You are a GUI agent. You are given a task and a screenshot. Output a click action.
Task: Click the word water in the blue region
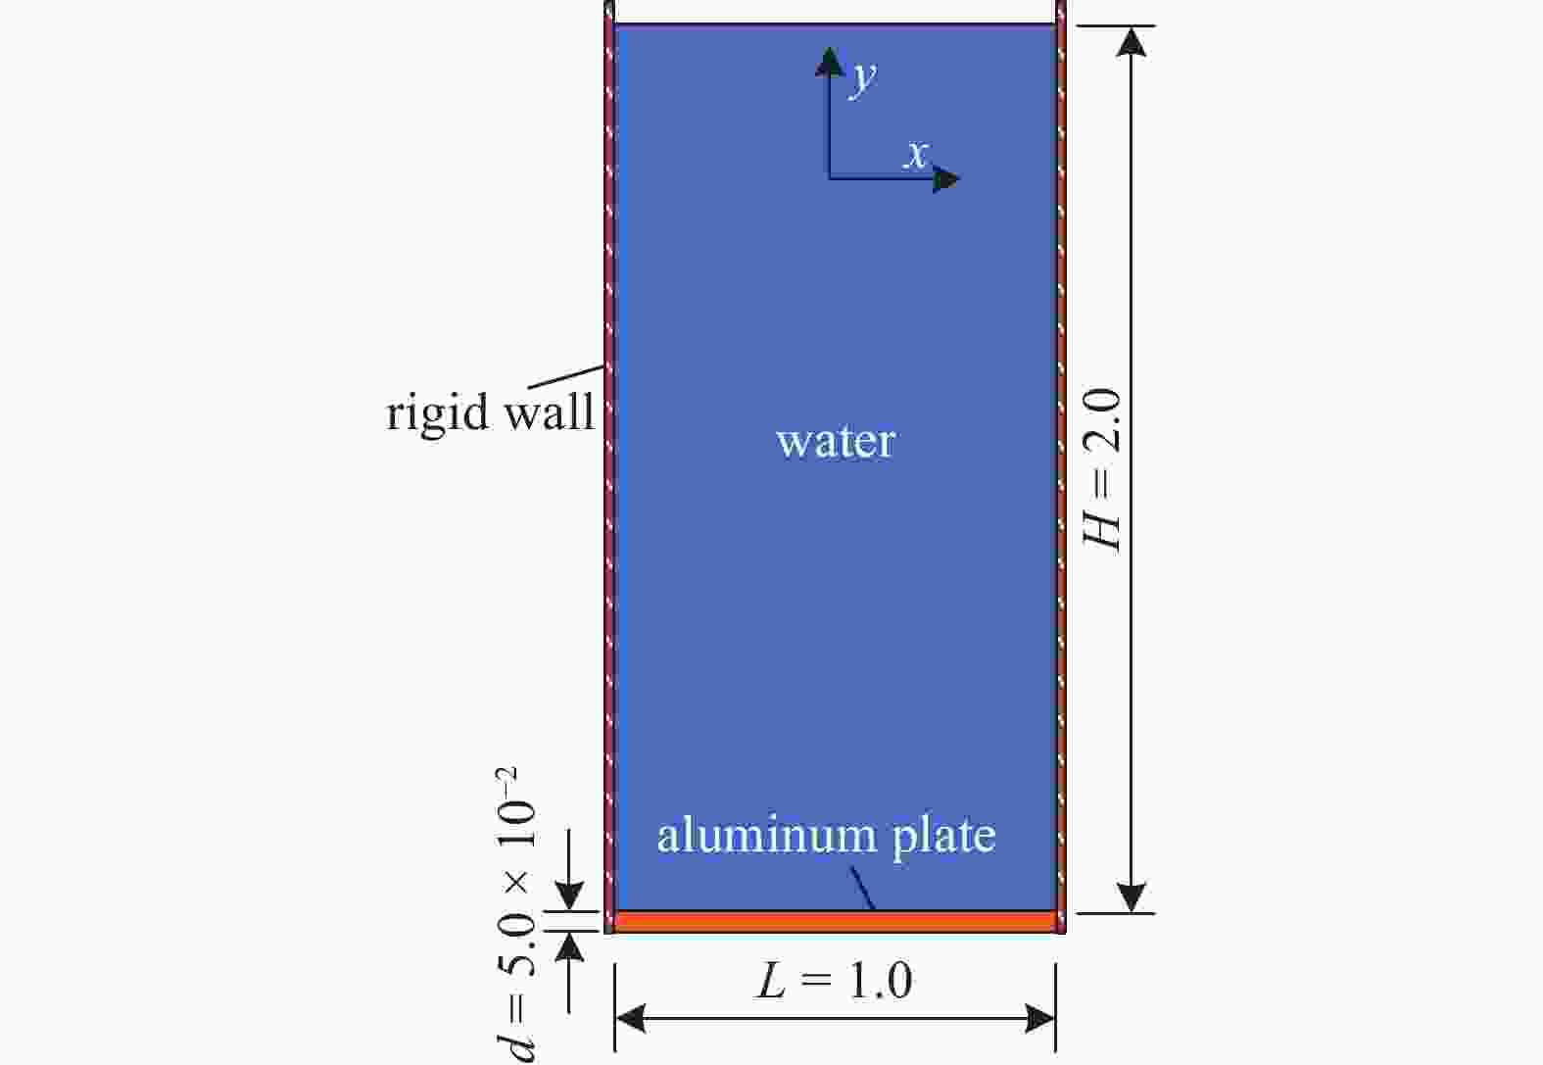(836, 442)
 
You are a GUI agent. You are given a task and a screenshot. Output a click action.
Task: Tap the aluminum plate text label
(827, 837)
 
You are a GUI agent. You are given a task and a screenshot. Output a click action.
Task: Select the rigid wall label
(490, 412)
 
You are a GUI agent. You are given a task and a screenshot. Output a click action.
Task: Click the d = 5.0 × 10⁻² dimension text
(516, 915)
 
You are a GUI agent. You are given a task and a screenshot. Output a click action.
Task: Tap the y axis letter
(864, 77)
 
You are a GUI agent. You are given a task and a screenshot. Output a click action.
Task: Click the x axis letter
(916, 154)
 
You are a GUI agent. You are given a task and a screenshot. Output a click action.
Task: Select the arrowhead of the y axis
(830, 61)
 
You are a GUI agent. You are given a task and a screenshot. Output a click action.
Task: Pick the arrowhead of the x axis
(945, 180)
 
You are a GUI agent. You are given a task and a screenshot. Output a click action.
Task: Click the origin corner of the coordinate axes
(830, 178)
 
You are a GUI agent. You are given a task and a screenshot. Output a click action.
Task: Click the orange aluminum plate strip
(835, 922)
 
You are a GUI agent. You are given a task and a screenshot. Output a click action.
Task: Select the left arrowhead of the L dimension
(630, 1019)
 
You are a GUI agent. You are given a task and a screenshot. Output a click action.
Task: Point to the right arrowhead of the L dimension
(1040, 1019)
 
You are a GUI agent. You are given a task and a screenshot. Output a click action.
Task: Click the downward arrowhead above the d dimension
(569, 896)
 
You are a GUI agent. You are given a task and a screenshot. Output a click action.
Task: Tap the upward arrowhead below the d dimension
(569, 946)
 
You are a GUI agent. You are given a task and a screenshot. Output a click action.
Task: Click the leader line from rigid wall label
(565, 377)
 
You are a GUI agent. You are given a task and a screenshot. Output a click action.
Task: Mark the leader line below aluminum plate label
(862, 889)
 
